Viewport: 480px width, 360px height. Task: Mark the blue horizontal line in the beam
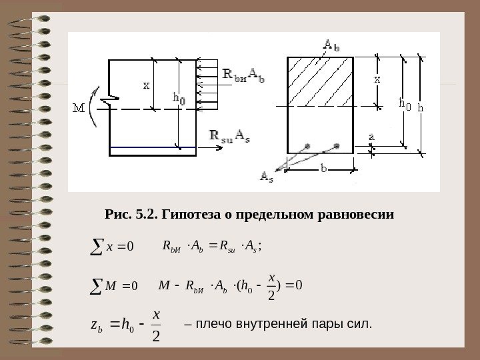click(153, 147)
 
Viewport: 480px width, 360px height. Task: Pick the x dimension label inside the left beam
click(147, 85)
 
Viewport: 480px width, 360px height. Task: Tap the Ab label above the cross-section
click(331, 45)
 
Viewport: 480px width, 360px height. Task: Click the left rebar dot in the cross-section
click(307, 145)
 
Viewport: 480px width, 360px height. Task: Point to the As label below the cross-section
click(265, 177)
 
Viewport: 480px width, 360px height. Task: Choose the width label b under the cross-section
click(324, 170)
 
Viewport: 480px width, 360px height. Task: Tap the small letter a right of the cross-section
click(371, 137)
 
